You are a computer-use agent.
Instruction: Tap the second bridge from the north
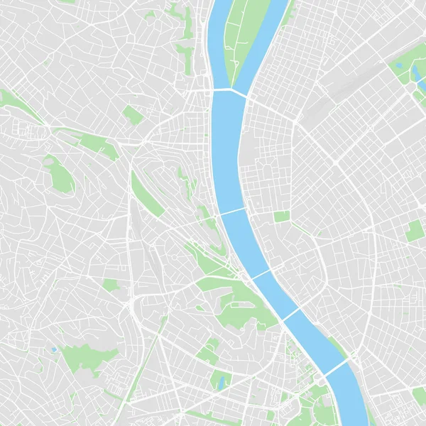[231, 212]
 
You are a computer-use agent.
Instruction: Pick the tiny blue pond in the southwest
[53, 350]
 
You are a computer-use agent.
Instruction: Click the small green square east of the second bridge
[282, 217]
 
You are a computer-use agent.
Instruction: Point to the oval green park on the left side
[60, 175]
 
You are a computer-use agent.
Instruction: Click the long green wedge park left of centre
[146, 192]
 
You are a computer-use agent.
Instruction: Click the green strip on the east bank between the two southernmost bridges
[337, 348]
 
